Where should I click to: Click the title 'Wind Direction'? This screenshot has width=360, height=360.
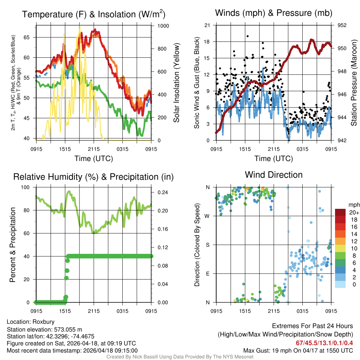(274, 175)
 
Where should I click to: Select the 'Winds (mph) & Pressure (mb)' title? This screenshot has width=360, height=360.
(274, 13)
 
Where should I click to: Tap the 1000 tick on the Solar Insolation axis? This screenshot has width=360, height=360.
(163, 26)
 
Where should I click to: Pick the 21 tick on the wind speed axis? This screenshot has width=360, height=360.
(207, 25)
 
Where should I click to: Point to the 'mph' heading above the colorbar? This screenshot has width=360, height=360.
(354, 205)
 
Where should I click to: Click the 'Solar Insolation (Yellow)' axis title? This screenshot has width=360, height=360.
(176, 83)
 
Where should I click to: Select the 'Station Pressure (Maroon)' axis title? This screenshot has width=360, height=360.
(354, 83)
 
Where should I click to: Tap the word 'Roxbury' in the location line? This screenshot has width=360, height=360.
(44, 322)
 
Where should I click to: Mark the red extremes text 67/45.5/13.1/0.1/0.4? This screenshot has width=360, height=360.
(323, 343)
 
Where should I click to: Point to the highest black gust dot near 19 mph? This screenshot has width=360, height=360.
(247, 36)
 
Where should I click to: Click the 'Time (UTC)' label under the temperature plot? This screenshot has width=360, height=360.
(94, 159)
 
